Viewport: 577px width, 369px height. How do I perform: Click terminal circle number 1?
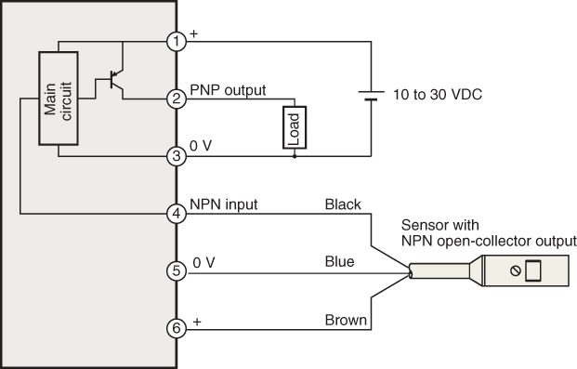(x=177, y=41)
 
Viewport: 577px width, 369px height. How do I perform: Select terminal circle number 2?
(x=177, y=99)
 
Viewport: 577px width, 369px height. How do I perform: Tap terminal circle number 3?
(x=177, y=156)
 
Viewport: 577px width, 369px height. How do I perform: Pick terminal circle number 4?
(x=177, y=213)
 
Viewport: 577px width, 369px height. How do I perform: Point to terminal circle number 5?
(x=177, y=270)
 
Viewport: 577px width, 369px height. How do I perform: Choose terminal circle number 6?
(x=177, y=327)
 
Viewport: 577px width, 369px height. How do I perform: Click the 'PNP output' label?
(x=229, y=90)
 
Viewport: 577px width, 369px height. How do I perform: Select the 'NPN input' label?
(x=224, y=204)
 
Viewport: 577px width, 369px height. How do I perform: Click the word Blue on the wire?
(x=340, y=262)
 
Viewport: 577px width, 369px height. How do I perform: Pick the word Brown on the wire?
(x=344, y=320)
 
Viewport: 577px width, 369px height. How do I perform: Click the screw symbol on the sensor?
(x=514, y=270)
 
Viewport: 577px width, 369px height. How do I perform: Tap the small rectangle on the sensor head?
(x=533, y=270)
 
